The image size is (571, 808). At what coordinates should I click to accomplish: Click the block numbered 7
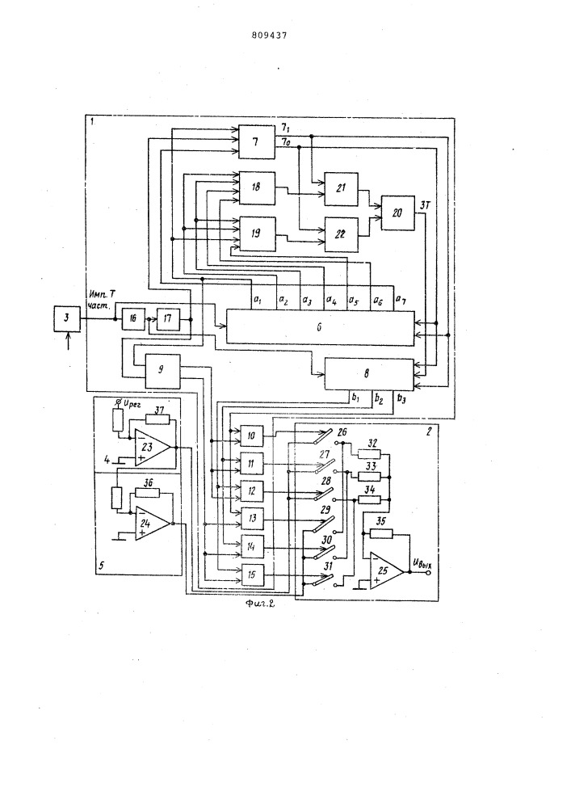[x=257, y=143]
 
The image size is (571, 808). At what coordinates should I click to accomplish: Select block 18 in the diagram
[x=257, y=187]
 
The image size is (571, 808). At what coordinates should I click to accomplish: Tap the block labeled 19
[x=257, y=233]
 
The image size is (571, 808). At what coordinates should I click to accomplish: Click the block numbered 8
[x=368, y=374]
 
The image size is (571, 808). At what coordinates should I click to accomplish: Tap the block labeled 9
[x=161, y=369]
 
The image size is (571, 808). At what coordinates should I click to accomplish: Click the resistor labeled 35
[x=380, y=533]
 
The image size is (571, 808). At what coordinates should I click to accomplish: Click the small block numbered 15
[x=251, y=574]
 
